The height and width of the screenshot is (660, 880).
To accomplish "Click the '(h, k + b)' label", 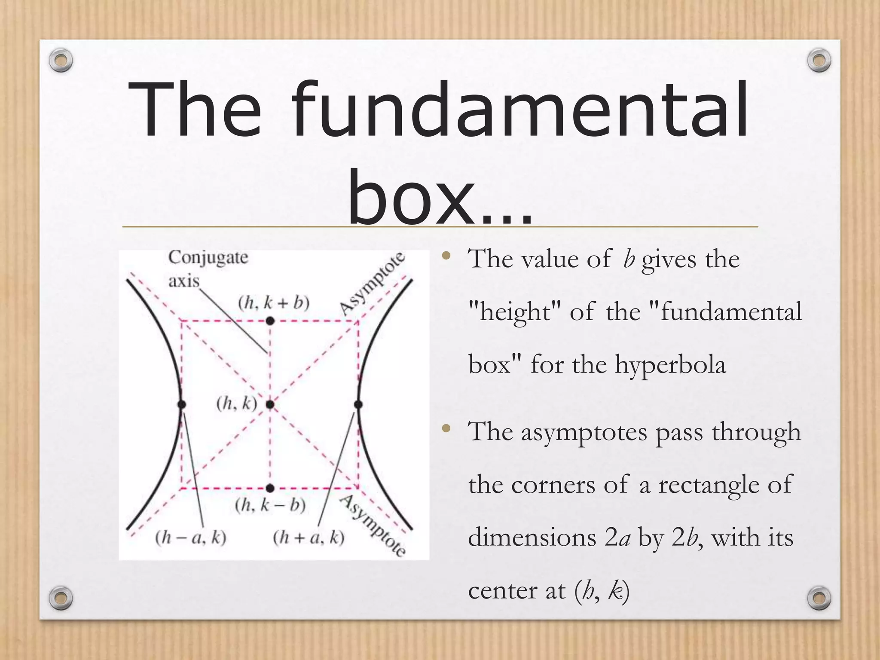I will pyautogui.click(x=274, y=303).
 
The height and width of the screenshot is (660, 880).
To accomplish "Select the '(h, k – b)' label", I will pyautogui.click(x=270, y=505).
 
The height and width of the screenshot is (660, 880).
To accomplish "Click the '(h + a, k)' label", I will pyautogui.click(x=309, y=538).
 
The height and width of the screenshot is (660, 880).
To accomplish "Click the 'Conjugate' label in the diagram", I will pyautogui.click(x=208, y=258).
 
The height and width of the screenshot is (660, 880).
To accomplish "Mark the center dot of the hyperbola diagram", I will pyautogui.click(x=270, y=404).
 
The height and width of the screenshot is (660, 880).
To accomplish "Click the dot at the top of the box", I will pyautogui.click(x=270, y=321).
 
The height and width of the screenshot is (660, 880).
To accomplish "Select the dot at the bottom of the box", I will pyautogui.click(x=270, y=488).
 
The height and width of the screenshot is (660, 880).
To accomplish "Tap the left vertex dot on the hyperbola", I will pyautogui.click(x=181, y=404).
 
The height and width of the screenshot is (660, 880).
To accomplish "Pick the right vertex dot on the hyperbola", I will pyautogui.click(x=358, y=404).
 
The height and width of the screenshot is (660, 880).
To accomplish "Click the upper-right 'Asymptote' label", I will pyautogui.click(x=372, y=284).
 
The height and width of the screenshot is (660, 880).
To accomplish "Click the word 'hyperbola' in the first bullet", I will pyautogui.click(x=670, y=365).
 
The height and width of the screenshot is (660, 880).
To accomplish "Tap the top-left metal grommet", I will pyautogui.click(x=61, y=61).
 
